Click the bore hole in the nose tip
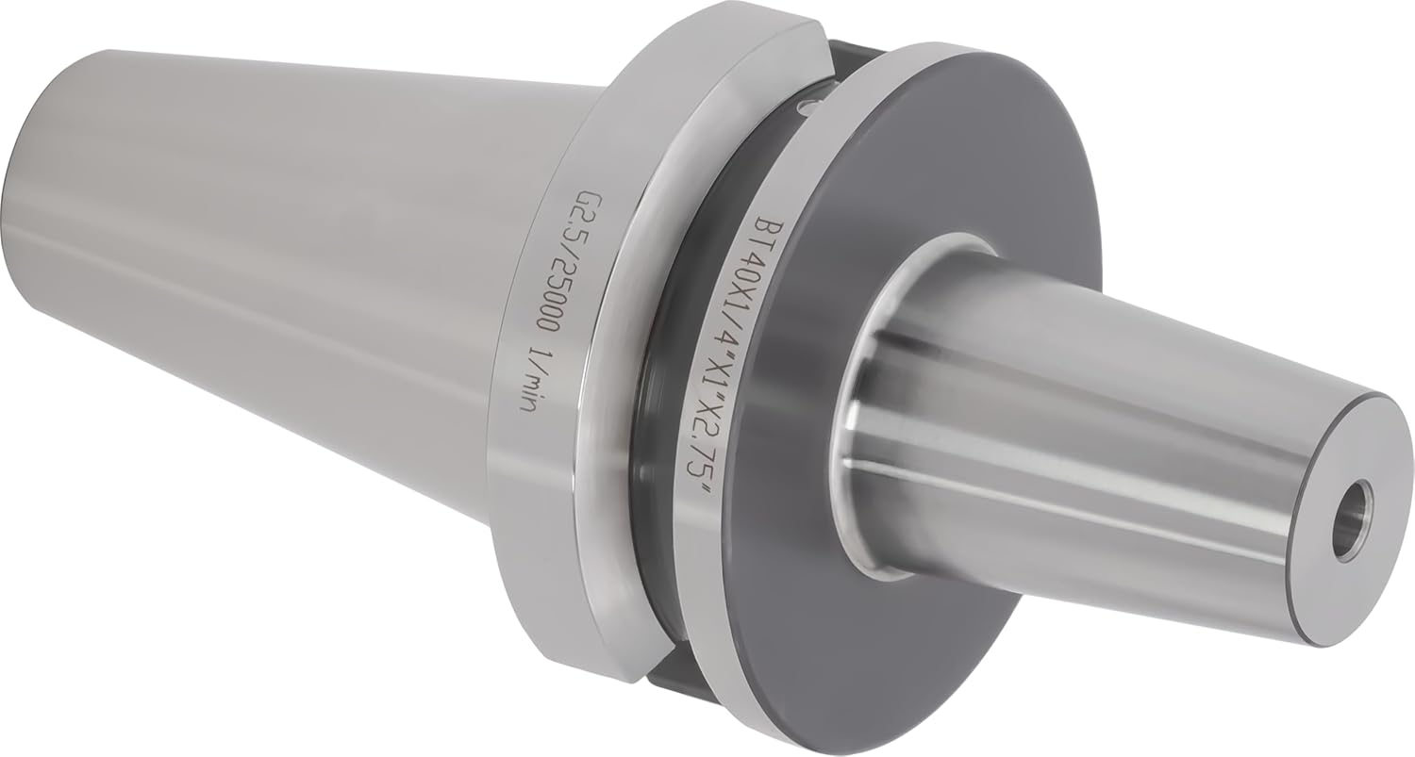coord(1351,527)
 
